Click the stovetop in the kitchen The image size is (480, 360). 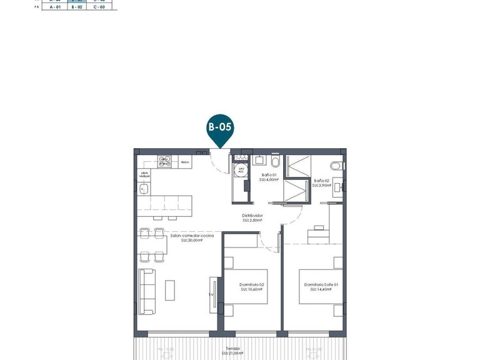click(x=165, y=162)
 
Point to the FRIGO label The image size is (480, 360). click(x=185, y=162)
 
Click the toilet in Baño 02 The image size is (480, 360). click(x=336, y=165)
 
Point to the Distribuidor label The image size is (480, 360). click(x=252, y=218)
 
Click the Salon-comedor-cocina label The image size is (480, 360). click(x=192, y=237)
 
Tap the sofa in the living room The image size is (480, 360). click(x=147, y=291)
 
